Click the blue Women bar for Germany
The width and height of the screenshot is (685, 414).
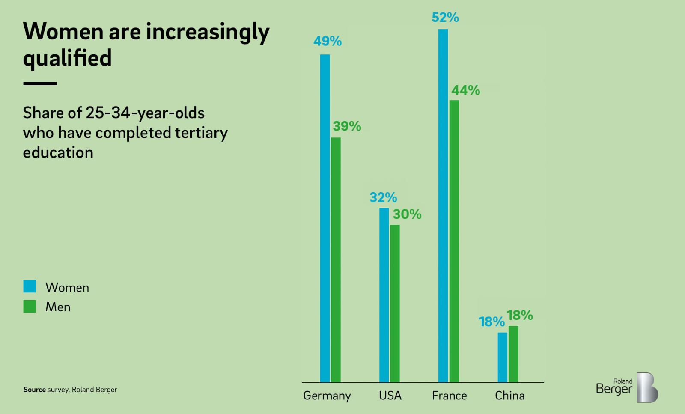tap(325, 218)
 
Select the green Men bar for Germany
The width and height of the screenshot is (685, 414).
tap(336, 260)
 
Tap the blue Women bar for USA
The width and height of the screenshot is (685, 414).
tap(384, 295)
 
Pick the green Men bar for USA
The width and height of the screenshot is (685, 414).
tap(395, 304)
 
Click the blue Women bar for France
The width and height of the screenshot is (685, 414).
tap(443, 206)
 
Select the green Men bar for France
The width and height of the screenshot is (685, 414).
tap(454, 241)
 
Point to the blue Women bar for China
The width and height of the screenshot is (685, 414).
tap(502, 357)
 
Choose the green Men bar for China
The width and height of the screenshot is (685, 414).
tap(513, 354)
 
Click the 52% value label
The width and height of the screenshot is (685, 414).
tap(445, 18)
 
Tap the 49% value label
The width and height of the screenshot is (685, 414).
tap(328, 41)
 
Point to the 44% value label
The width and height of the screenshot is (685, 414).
tap(465, 90)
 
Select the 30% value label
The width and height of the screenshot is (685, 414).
tap(407, 214)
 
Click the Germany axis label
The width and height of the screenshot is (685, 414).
tap(327, 396)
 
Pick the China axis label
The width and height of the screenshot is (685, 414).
tap(509, 396)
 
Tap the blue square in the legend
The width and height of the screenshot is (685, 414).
tap(30, 286)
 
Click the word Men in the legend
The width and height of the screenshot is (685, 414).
tap(58, 307)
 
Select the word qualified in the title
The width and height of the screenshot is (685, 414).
tap(67, 58)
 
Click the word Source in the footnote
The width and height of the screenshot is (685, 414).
tap(34, 390)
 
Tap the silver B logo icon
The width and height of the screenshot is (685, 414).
tap(647, 387)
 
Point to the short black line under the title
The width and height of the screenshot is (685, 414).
tap(40, 83)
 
